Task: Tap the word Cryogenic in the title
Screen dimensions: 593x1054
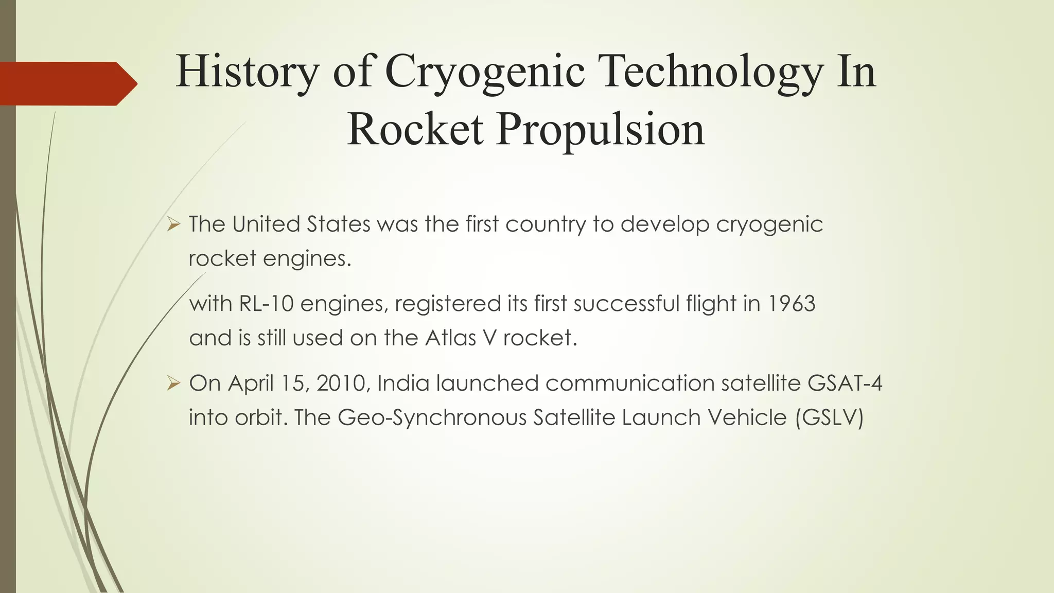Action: [484, 73]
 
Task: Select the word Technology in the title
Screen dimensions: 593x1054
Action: [711, 73]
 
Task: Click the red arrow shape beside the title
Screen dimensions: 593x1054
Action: [67, 83]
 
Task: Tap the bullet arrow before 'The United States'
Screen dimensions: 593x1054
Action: [173, 224]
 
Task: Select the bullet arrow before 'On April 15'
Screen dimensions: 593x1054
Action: [173, 383]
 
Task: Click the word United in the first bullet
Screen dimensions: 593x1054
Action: [266, 224]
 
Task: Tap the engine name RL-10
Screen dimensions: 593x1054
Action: [266, 304]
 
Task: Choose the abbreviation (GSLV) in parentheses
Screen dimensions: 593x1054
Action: [829, 417]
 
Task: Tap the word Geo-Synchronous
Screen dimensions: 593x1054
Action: [432, 417]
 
